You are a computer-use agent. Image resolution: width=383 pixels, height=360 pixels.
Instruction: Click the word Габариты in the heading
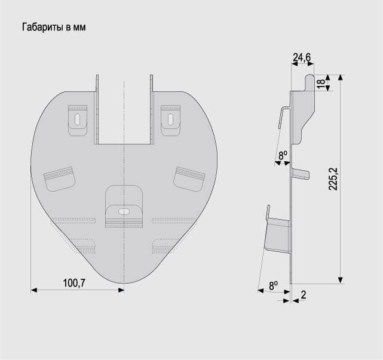(43, 27)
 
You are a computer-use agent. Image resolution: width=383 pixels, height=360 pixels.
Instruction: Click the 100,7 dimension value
(74, 283)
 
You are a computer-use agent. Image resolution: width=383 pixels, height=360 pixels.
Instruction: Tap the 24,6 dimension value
(302, 57)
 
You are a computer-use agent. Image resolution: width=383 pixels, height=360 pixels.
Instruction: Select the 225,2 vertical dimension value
(333, 179)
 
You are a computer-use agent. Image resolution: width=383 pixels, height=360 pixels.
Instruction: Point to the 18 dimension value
(321, 82)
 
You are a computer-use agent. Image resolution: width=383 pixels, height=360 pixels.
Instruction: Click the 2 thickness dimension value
(304, 295)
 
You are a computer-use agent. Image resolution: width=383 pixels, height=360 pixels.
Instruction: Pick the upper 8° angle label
(283, 155)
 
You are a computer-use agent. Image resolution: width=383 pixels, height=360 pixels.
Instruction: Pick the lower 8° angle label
(273, 285)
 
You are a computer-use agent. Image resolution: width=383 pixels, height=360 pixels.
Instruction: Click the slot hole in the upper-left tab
(78, 119)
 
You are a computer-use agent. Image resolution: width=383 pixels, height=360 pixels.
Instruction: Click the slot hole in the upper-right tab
(170, 119)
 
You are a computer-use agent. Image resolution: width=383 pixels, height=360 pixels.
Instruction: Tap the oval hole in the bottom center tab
(124, 211)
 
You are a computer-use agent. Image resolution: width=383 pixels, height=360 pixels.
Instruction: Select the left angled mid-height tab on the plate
(59, 179)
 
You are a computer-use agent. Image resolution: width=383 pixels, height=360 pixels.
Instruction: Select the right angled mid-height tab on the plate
(189, 179)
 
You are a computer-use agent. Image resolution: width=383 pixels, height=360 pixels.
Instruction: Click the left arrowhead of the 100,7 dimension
(33, 290)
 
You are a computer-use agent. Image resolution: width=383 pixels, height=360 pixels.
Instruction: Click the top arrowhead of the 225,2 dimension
(341, 78)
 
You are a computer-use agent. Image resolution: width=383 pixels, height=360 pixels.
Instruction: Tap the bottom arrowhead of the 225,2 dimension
(341, 280)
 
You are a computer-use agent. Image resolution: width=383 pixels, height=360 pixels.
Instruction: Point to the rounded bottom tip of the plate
(124, 283)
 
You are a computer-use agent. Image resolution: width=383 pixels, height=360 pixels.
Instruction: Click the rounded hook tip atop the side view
(310, 77)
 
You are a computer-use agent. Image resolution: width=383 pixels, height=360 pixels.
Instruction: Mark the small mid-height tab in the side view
(300, 174)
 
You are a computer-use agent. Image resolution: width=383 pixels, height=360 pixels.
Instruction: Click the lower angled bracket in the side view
(278, 233)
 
